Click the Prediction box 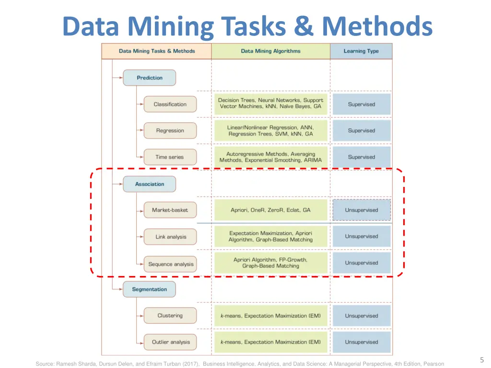[149, 78]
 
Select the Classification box [170, 104]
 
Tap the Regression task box [170, 131]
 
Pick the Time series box [170, 157]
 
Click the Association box [149, 184]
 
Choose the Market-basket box [170, 210]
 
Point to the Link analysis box [170, 237]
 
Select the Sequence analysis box [170, 264]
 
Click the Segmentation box [149, 289]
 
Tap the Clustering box [170, 316]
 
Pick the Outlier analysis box [170, 342]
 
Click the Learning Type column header [361, 51]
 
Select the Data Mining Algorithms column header [270, 51]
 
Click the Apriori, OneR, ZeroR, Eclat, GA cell [270, 210]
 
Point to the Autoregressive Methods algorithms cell [270, 157]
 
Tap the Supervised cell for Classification [362, 104]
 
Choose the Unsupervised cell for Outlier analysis [362, 342]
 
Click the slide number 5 [482, 360]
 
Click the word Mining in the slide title [171, 26]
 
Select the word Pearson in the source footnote [433, 364]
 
